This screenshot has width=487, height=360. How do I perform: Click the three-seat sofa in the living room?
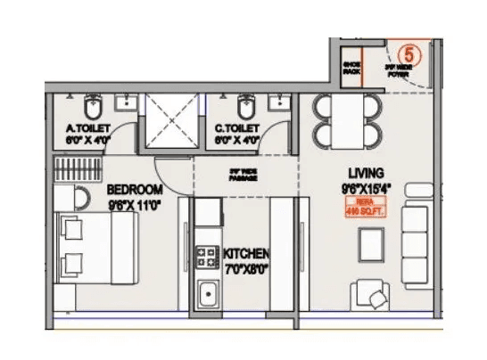point(415,237)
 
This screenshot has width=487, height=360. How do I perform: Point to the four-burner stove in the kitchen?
point(207,258)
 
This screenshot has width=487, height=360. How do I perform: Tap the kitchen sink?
point(208,293)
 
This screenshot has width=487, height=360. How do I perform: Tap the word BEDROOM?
point(135,190)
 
